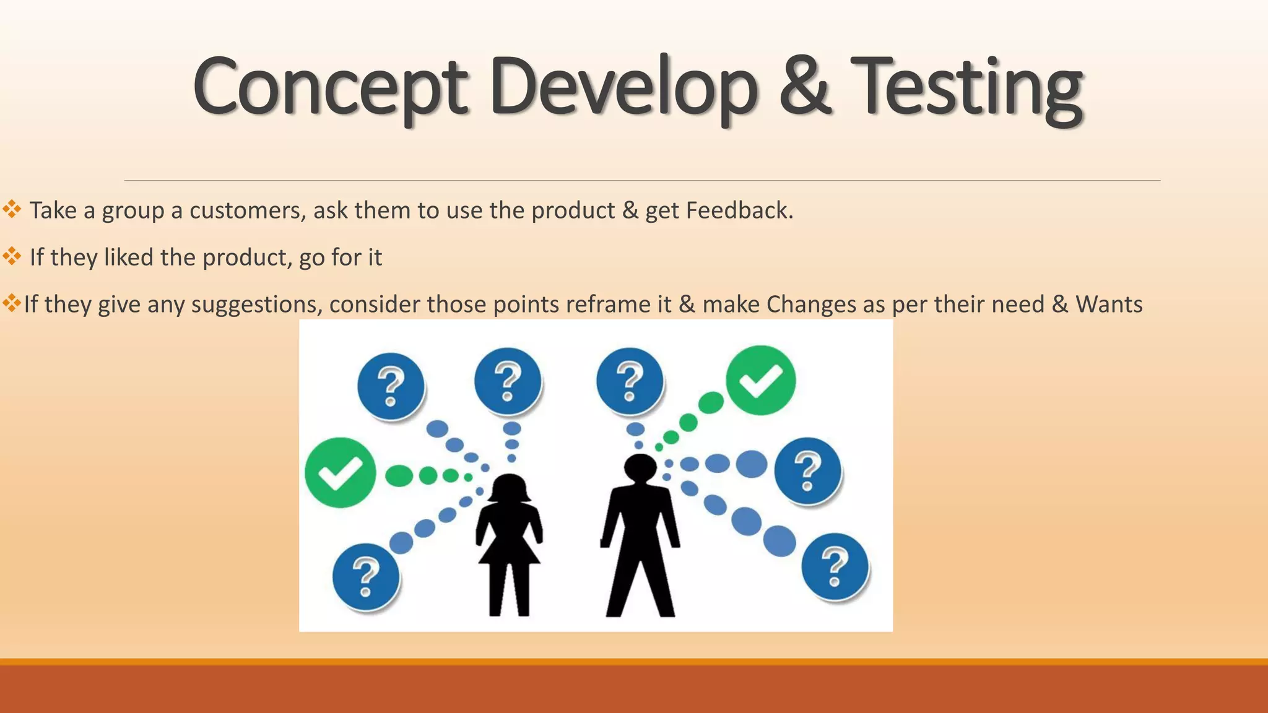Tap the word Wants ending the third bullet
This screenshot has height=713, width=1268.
pos(1109,304)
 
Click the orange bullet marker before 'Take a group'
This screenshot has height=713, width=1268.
pos(12,209)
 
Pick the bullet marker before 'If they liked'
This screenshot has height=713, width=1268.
pos(12,256)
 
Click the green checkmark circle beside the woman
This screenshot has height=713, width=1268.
pos(340,473)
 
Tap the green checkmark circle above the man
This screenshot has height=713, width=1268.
pos(760,381)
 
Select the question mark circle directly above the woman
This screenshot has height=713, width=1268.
pos(508,381)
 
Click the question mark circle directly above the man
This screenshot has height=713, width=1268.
pos(630,381)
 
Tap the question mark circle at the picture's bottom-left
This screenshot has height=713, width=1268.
pos(365,577)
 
